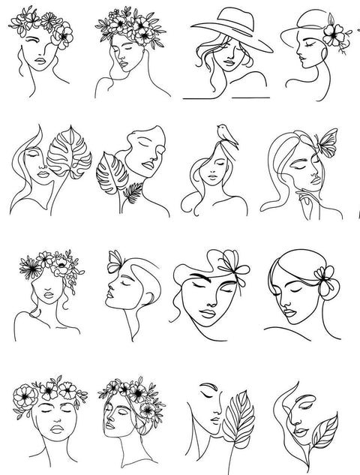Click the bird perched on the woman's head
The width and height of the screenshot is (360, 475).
tap(222, 131)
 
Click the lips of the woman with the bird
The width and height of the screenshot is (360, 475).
tap(214, 179)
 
